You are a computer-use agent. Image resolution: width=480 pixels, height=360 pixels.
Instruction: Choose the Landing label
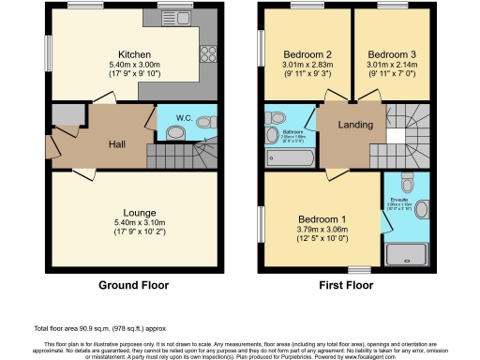click(355, 125)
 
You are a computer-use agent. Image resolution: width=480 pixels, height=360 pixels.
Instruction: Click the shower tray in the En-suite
click(407, 247)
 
